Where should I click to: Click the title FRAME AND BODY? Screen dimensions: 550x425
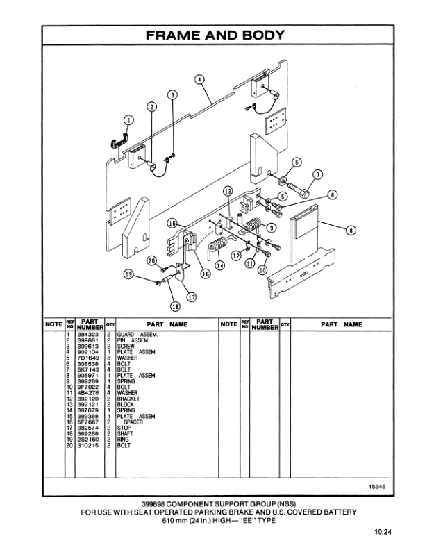(213, 35)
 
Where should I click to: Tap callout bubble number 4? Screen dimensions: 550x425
(199, 80)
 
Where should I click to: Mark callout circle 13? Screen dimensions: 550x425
(227, 191)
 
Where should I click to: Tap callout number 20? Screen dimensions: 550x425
(151, 260)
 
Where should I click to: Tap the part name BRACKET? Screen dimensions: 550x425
(129, 399)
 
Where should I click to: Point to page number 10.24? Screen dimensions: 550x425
(381, 533)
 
